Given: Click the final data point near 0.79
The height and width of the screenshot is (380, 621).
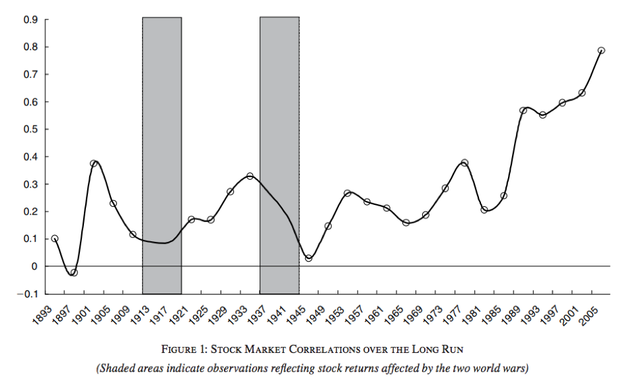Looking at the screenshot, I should pyautogui.click(x=601, y=50).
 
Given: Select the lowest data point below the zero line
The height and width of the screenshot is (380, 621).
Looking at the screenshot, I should pyautogui.click(x=74, y=272).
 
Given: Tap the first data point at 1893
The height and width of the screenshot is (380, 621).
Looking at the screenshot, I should pyautogui.click(x=55, y=239).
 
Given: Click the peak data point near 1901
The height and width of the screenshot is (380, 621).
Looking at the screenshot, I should pyautogui.click(x=94, y=163).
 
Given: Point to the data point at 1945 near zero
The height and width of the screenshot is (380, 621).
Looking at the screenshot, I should pyautogui.click(x=309, y=258).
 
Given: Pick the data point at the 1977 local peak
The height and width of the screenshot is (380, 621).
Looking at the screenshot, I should pyautogui.click(x=464, y=163).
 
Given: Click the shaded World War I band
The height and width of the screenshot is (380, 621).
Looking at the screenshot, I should pyautogui.click(x=162, y=155).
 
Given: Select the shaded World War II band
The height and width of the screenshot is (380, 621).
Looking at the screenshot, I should pyautogui.click(x=279, y=155).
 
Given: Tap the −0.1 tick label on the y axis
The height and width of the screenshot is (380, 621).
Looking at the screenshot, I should pyautogui.click(x=29, y=293).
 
